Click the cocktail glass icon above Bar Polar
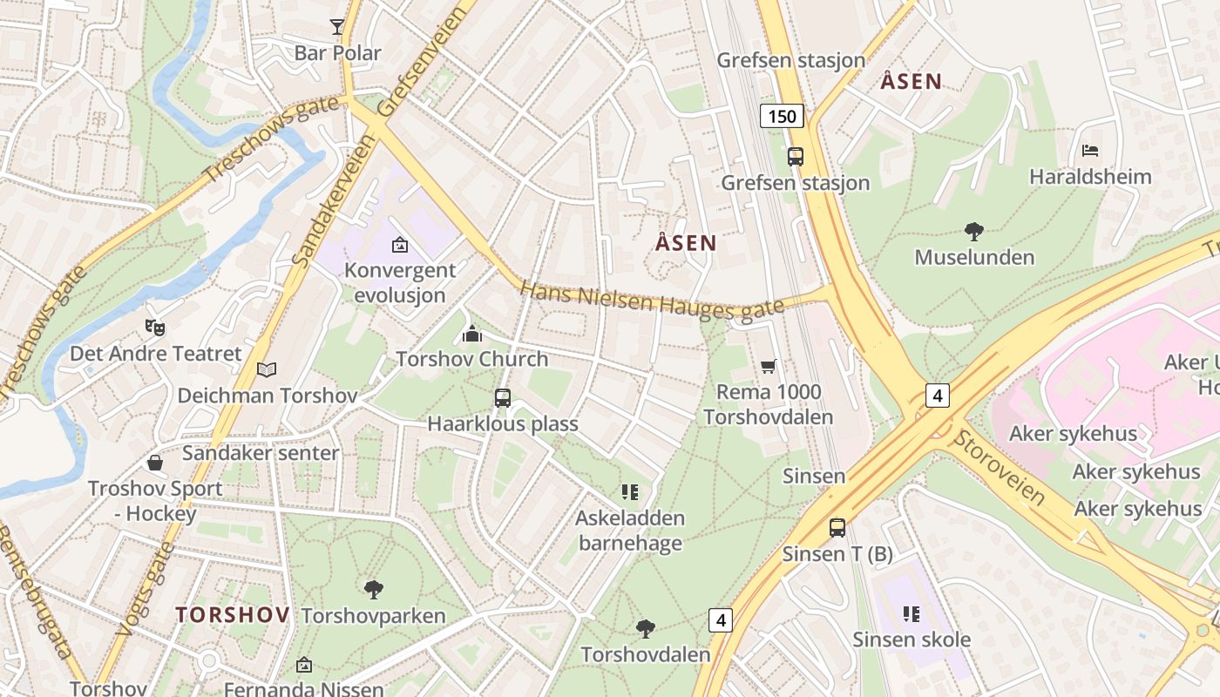pyautogui.click(x=337, y=27)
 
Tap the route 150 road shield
pyautogui.click(x=781, y=115)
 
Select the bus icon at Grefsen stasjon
pyautogui.click(x=795, y=157)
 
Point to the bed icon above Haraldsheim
pyautogui.click(x=1089, y=151)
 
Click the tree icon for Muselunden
pyautogui.click(x=974, y=232)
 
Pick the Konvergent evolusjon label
pyautogui.click(x=400, y=282)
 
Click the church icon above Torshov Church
pyautogui.click(x=471, y=333)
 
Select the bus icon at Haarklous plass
pyautogui.click(x=502, y=398)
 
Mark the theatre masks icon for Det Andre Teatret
pyautogui.click(x=155, y=328)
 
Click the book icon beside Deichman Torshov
pyautogui.click(x=267, y=370)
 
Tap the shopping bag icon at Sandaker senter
pyautogui.click(x=155, y=462)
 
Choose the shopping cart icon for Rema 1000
pyautogui.click(x=768, y=366)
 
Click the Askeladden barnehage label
pyautogui.click(x=630, y=531)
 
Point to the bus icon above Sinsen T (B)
pyautogui.click(x=837, y=527)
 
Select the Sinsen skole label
pyautogui.click(x=912, y=639)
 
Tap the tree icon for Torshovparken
pyautogui.click(x=374, y=590)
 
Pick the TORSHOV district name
pyautogui.click(x=233, y=615)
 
